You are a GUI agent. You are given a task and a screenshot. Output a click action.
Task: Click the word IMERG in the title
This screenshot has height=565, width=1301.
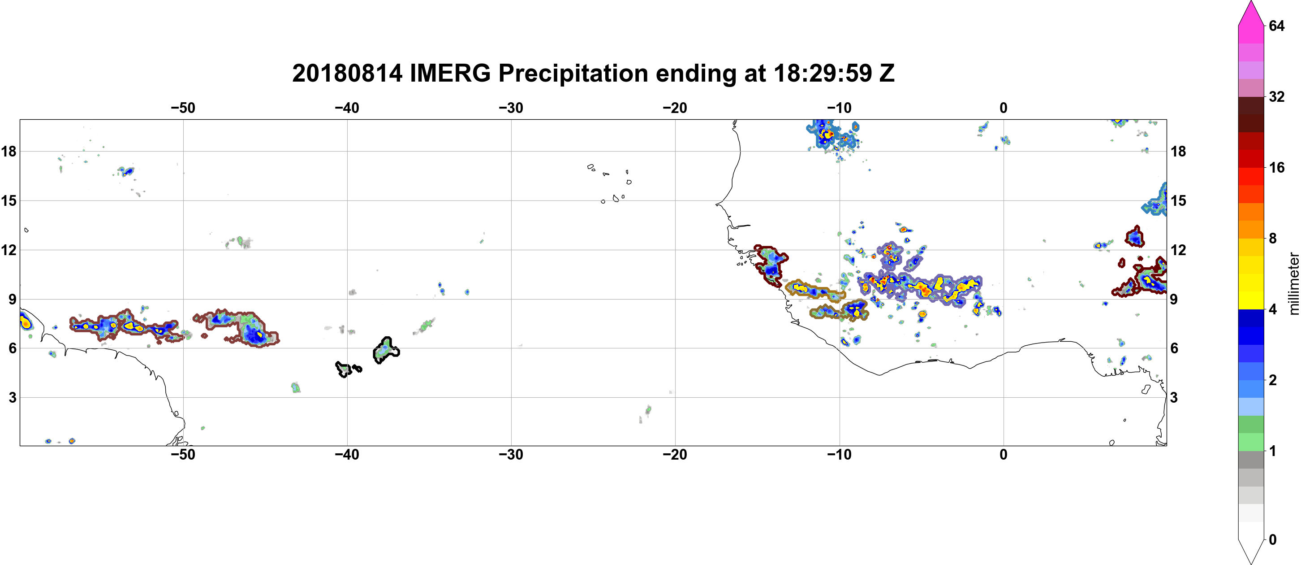point(450,73)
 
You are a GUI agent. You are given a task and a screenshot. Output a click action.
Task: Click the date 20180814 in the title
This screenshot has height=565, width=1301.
point(348,73)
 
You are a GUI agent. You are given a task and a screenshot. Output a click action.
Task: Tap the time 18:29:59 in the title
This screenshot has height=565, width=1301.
point(823,73)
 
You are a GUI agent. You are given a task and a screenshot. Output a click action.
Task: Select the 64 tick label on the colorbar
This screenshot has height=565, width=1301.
point(1277,26)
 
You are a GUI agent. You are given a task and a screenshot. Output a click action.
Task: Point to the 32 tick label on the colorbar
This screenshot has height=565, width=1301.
point(1277,96)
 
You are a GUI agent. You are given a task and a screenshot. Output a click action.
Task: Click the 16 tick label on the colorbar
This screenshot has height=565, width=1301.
point(1277,167)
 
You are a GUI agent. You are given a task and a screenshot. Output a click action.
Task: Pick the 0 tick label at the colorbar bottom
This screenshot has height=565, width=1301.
point(1273,540)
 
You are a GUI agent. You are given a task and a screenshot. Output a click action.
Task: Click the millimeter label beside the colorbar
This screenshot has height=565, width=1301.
point(1293,283)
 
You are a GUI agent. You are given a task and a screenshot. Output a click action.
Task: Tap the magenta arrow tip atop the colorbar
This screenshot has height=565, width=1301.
point(1251,1)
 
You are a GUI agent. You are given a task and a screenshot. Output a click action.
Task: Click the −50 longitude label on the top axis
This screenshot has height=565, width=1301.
point(183,108)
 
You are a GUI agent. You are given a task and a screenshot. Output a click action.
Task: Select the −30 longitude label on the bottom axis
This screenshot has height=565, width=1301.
point(511,454)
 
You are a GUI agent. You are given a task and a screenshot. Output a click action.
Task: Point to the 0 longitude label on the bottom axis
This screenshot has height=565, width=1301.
point(1004,454)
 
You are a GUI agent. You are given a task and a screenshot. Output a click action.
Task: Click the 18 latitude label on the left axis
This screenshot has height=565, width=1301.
point(9,151)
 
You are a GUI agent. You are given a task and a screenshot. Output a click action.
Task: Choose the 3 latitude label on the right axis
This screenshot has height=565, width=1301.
point(1174,397)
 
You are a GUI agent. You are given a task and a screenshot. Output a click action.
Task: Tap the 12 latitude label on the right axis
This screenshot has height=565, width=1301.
point(1178,250)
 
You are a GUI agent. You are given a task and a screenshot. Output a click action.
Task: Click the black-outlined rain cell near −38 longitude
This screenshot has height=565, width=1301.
point(386,350)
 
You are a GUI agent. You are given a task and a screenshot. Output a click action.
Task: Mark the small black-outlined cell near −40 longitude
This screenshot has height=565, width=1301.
point(348,369)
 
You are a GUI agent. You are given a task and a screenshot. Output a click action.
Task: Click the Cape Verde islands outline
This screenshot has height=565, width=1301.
point(610,183)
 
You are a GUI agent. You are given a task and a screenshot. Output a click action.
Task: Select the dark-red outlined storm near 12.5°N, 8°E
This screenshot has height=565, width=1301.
point(1135,236)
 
